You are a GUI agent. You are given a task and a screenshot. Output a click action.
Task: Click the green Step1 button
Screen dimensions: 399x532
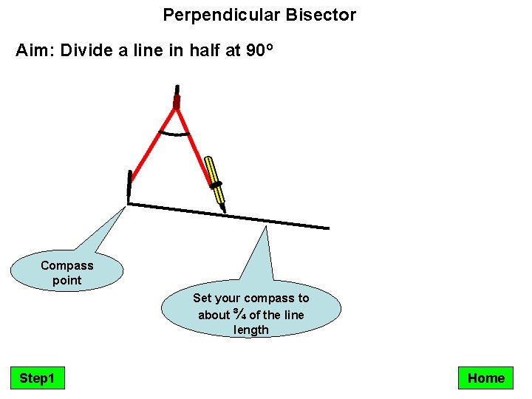pos(37,378)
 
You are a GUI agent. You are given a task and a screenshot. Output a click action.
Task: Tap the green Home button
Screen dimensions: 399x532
pos(485,378)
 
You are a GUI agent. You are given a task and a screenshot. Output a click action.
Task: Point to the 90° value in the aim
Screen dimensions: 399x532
pos(259,52)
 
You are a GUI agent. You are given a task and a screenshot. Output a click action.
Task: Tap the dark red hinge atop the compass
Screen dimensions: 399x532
pos(177,101)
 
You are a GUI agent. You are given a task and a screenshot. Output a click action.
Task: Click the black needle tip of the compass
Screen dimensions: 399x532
pos(129,186)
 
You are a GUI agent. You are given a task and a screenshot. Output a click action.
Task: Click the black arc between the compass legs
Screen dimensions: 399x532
pos(175,134)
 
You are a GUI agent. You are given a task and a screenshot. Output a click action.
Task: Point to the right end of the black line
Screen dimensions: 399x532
pos(327,227)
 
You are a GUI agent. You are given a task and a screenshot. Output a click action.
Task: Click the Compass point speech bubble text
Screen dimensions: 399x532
pos(67,273)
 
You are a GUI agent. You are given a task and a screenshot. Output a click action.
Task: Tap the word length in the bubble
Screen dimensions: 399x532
pos(251,330)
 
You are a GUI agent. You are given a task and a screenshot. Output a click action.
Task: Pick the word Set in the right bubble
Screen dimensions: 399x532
pos(202,298)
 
